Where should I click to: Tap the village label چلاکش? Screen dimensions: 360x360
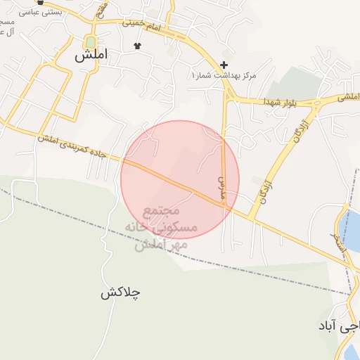point(120,293)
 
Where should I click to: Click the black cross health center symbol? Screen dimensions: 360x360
point(224,64)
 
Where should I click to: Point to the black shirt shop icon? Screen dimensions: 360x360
point(137,46)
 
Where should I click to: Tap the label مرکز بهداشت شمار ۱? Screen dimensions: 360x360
point(224,75)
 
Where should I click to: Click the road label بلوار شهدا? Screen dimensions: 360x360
point(282,103)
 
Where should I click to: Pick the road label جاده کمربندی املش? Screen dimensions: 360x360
point(71,147)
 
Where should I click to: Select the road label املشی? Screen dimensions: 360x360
point(347,97)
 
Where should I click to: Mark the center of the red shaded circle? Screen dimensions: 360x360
point(180,179)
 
